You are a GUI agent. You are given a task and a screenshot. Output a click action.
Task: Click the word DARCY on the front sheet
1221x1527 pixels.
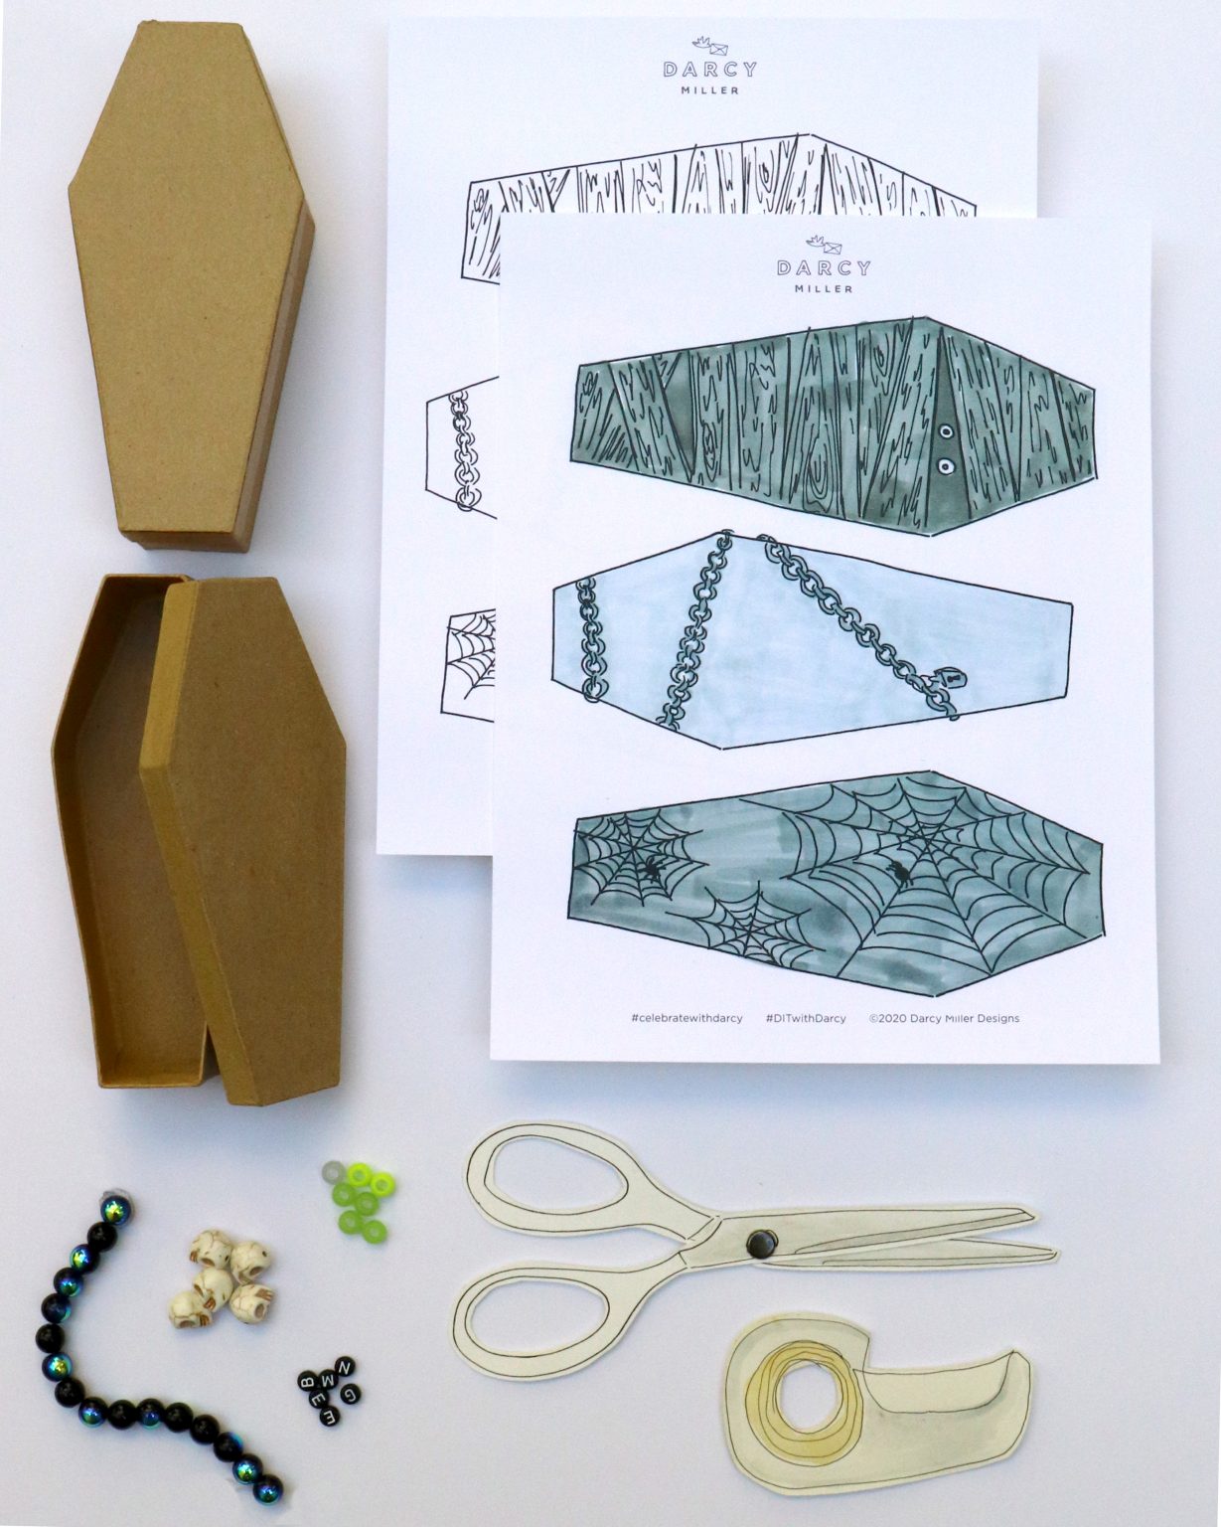click(x=824, y=268)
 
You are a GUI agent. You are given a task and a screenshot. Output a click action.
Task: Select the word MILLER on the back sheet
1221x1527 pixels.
click(x=710, y=90)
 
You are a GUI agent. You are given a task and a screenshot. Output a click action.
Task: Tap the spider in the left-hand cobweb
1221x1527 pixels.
click(x=650, y=869)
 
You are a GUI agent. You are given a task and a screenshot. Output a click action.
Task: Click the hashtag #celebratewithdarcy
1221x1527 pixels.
click(x=686, y=1018)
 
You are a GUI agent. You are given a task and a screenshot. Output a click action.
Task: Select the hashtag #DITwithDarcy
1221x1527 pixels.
click(x=806, y=1018)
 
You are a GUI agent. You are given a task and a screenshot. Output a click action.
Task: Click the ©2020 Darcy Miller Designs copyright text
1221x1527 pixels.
click(x=944, y=1018)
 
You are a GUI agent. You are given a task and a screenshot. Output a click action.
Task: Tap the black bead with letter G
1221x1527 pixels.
click(x=351, y=1392)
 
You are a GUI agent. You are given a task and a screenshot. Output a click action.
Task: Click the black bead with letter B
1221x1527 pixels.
click(x=307, y=1382)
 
